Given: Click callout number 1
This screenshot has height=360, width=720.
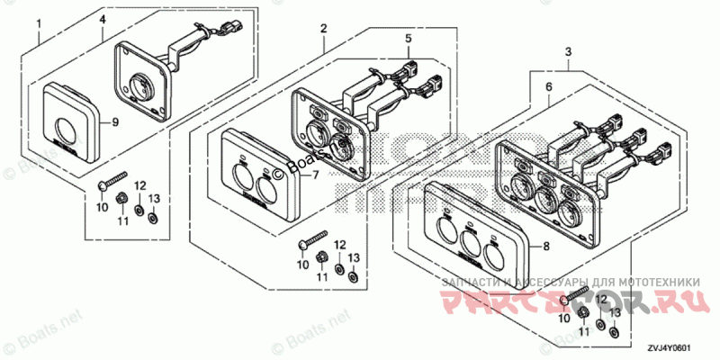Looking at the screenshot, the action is pyautogui.click(x=39, y=37).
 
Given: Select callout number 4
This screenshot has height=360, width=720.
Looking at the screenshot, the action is pyautogui.click(x=102, y=20).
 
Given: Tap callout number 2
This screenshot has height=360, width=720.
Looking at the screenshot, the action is pyautogui.click(x=323, y=31).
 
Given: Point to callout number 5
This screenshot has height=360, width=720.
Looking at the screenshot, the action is pyautogui.click(x=408, y=39).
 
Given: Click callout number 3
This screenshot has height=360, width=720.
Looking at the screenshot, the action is pyautogui.click(x=568, y=54).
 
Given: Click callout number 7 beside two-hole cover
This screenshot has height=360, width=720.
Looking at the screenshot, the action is pyautogui.click(x=316, y=175).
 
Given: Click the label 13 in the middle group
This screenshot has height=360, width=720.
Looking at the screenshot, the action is pyautogui.click(x=354, y=258).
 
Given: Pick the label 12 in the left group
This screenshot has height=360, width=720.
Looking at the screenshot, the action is pyautogui.click(x=139, y=185).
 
